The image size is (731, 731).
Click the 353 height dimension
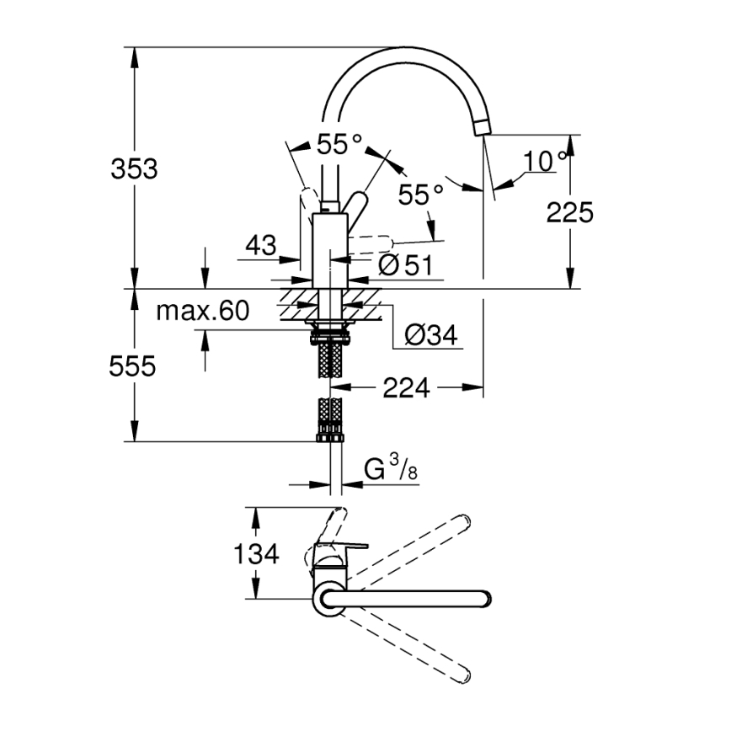(x=134, y=168)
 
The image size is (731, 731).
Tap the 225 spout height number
(x=570, y=212)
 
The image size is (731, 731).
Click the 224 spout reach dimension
(x=406, y=388)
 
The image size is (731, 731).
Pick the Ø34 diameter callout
(x=430, y=335)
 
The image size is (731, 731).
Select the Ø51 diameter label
(x=405, y=265)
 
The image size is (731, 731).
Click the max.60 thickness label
(x=203, y=312)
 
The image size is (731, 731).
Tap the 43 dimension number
(x=261, y=246)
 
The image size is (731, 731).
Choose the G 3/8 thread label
(x=391, y=469)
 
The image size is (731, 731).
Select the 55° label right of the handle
(x=420, y=195)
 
